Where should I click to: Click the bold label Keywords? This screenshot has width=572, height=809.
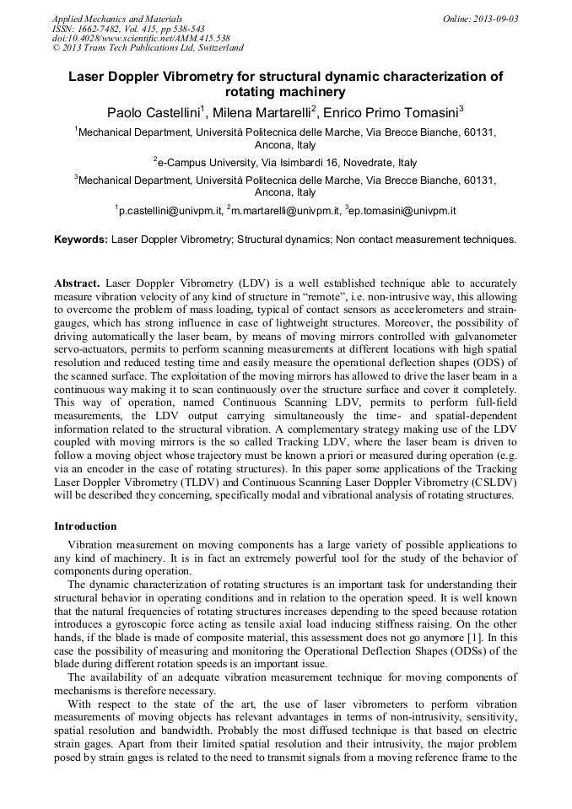(x=81, y=240)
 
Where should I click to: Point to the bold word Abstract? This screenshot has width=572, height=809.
(x=78, y=284)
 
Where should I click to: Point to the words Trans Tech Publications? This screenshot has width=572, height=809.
(x=129, y=48)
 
